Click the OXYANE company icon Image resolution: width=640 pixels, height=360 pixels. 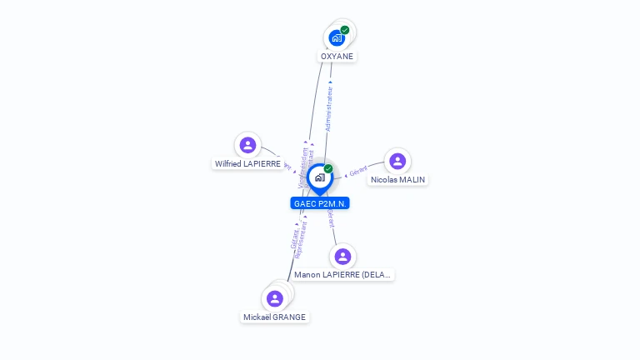[x=337, y=37]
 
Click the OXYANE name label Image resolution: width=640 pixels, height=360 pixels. [x=337, y=57]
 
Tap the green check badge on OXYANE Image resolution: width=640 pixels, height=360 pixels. [x=345, y=30]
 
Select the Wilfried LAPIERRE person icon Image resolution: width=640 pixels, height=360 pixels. [x=247, y=145]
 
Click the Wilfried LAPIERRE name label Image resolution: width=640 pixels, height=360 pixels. [x=247, y=164]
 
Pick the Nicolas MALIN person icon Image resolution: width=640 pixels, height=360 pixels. [x=397, y=161]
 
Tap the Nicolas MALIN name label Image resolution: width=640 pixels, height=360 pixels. [x=398, y=180]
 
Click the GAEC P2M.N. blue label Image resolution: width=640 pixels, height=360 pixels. [x=320, y=203]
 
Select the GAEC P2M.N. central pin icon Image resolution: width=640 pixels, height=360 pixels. [x=319, y=177]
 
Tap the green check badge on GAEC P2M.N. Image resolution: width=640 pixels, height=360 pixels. [x=328, y=169]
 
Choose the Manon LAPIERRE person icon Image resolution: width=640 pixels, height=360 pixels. [x=342, y=256]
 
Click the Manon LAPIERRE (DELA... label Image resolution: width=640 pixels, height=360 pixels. [x=342, y=275]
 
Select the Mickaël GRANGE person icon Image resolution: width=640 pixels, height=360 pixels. [x=275, y=298]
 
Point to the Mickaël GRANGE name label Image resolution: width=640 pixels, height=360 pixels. [x=275, y=317]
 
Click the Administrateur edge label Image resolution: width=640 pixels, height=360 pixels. [x=329, y=108]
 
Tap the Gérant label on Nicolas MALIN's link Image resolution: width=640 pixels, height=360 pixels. [x=358, y=171]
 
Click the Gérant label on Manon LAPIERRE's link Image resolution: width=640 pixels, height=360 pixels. [x=331, y=218]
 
